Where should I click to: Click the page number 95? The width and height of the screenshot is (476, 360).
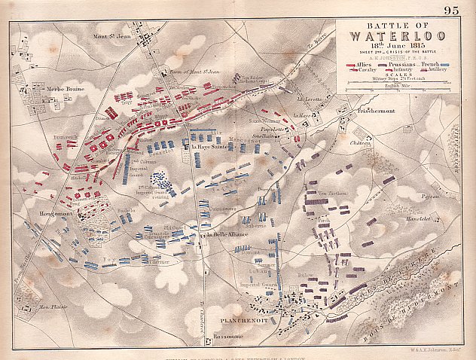point(451,10)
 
